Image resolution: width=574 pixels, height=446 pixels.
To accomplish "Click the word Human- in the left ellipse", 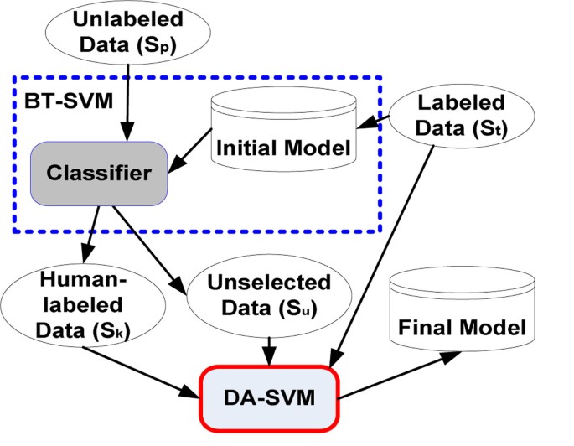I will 66,283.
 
